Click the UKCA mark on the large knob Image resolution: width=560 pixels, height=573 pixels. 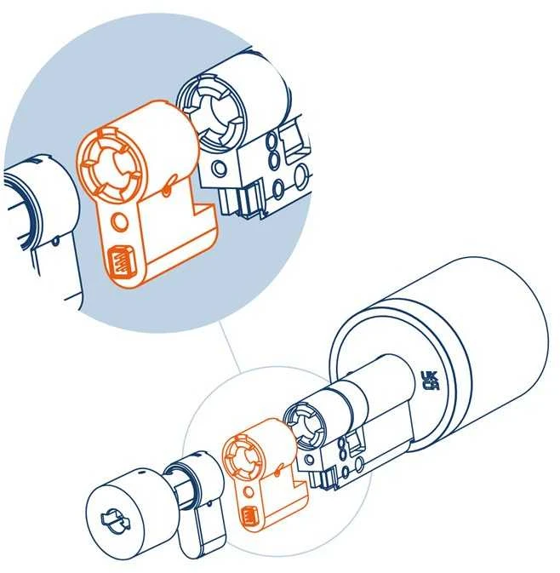[x=430, y=381]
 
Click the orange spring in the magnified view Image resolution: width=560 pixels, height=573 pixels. [x=120, y=261]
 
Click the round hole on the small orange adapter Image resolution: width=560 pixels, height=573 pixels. [x=249, y=491]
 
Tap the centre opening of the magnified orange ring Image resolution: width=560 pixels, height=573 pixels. [x=111, y=163]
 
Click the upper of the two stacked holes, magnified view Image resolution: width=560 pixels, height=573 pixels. [x=271, y=140]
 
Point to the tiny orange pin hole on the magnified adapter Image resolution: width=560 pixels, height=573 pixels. [x=167, y=190]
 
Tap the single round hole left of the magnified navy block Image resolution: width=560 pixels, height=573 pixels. [x=220, y=168]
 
